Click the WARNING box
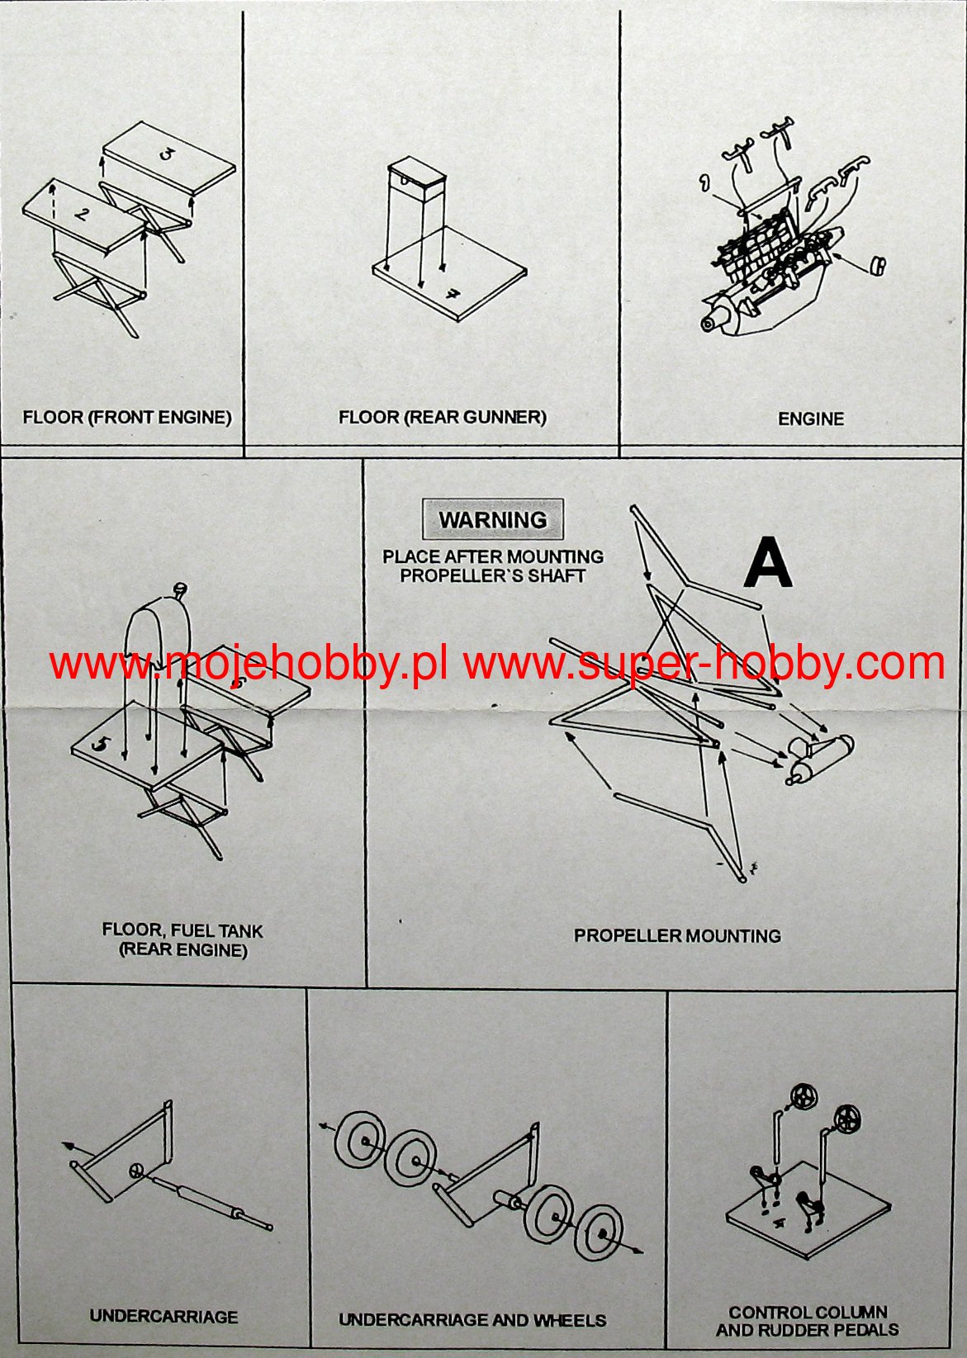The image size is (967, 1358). pos(493,519)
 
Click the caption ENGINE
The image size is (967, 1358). pos(811,419)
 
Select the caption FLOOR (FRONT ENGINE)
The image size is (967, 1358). pos(127,418)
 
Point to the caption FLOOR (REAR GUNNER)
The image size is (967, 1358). pos(443,417)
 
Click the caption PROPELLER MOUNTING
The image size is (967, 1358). pos(677,935)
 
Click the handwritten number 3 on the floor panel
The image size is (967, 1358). pos(165,154)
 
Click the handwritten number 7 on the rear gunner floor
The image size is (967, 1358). pos(450,295)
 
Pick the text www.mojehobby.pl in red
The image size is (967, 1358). pos(249,664)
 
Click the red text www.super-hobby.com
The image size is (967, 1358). pos(704,664)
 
